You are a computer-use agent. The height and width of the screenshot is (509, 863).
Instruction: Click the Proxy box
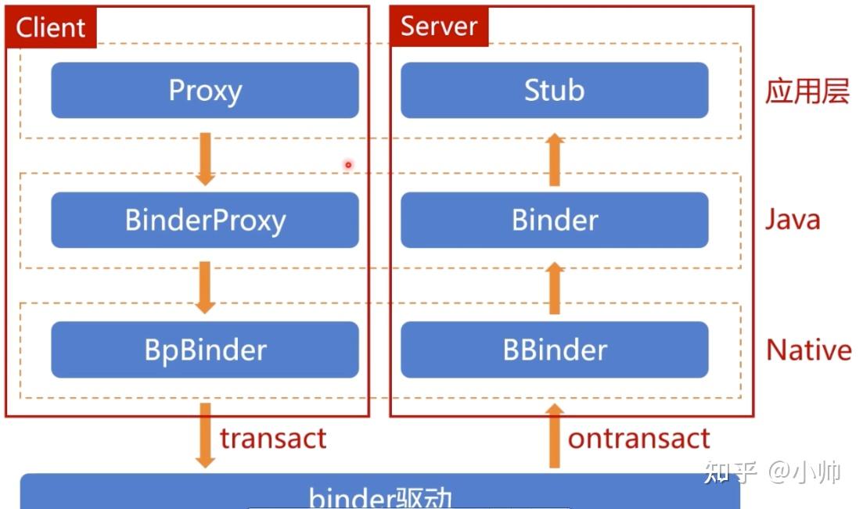pos(205,91)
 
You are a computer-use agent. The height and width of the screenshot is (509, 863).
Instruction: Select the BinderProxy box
pos(205,220)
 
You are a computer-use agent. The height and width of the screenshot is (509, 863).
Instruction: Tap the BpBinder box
pos(205,349)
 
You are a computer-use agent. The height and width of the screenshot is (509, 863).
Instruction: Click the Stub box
pos(554,91)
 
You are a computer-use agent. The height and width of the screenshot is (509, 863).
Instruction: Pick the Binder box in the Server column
pos(554,220)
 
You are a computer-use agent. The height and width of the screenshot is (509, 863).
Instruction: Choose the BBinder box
pos(554,349)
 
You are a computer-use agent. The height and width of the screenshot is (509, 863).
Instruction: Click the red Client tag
pos(50,27)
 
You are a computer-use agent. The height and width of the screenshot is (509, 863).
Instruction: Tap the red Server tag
pos(439,27)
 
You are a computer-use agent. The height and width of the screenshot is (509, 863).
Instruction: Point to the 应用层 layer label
pos(807,91)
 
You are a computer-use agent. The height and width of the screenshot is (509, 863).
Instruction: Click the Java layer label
pos(793,220)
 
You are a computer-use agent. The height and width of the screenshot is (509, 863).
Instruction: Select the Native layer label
pos(808,349)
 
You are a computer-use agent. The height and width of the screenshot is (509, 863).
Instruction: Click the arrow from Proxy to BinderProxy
pos(205,159)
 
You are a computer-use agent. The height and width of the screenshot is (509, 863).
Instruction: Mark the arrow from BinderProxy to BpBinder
pos(205,287)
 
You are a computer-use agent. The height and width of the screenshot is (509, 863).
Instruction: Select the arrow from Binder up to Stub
pos(554,160)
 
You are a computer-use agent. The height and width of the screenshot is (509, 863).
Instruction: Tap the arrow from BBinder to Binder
pos(554,288)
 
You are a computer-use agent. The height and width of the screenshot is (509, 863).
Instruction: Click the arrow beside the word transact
pos(205,436)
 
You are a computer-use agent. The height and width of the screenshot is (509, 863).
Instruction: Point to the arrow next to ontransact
pos(554,436)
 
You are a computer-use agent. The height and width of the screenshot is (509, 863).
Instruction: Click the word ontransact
pos(638,439)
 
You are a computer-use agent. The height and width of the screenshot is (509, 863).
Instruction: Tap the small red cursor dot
pos(348,164)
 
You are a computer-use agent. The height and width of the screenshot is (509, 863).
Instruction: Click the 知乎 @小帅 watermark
pos(771,472)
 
